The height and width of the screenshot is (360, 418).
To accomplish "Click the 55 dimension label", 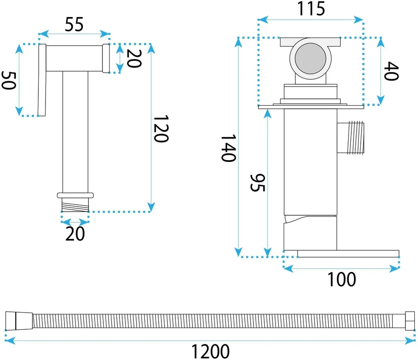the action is (74, 24).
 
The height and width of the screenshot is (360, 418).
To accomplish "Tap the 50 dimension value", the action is (9, 80).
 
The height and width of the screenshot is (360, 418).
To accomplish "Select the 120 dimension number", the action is (161, 129).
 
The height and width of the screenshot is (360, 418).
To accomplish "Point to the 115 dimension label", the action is (311, 9).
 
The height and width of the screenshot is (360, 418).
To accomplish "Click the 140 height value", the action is (229, 148).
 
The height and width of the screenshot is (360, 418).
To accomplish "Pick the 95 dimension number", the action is (257, 183).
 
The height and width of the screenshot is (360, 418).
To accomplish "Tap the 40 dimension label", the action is (391, 71).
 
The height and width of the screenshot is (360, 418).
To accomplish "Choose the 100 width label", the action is (341, 279).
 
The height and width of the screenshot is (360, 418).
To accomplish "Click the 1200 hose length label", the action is (210, 351).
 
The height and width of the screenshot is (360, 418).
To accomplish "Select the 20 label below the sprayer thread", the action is (75, 234).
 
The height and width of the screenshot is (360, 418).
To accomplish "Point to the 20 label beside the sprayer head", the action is (134, 58).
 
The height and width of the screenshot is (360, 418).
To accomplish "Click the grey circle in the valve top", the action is (310, 59).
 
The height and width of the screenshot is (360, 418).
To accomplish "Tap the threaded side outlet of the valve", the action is (350, 138).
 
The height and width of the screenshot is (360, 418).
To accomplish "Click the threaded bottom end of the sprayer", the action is (75, 205).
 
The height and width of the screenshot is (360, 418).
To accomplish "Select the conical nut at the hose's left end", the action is (19, 321).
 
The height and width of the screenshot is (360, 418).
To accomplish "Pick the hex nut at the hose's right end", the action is (410, 321).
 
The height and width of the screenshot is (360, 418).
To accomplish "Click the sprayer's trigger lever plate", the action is (42, 80).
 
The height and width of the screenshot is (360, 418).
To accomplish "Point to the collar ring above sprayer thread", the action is (75, 195).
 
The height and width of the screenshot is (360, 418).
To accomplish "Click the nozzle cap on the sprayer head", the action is (106, 58).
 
